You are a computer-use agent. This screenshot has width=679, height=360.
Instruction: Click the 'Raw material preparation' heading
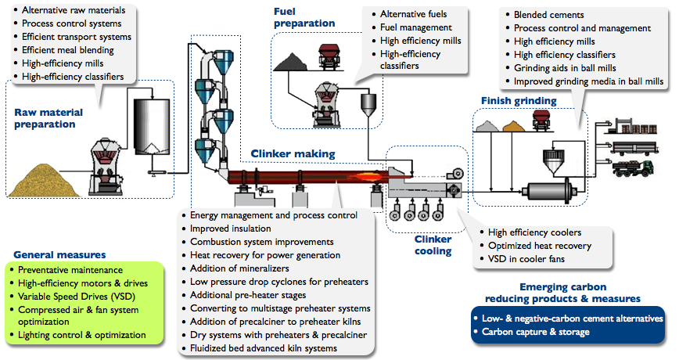48,118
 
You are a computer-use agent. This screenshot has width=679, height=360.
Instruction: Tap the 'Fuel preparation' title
304,17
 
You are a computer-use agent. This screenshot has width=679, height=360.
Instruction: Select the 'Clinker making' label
293,154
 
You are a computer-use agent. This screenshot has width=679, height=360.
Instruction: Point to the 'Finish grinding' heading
519,101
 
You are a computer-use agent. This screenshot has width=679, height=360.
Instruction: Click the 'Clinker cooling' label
433,245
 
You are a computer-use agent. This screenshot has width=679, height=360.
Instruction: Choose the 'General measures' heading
59,254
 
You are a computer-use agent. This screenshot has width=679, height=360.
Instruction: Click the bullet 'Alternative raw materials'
74,10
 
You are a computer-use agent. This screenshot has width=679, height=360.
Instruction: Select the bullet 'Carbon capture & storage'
536,332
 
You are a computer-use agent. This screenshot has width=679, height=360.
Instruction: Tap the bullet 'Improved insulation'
230,229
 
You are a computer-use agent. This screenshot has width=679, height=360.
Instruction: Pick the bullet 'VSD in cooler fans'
526,258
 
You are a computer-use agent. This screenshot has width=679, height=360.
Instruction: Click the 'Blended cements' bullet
548,15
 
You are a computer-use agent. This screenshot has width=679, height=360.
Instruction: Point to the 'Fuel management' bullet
415,27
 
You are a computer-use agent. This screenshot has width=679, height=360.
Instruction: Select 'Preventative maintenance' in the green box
70,270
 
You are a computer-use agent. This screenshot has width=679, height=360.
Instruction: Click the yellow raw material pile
44,181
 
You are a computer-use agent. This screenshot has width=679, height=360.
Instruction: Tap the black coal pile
290,63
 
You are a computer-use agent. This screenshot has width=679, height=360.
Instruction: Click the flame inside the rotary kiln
366,176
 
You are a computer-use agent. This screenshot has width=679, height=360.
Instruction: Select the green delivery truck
633,168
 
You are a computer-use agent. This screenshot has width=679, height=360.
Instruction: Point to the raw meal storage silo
152,128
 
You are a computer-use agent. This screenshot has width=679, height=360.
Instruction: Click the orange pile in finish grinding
514,126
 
